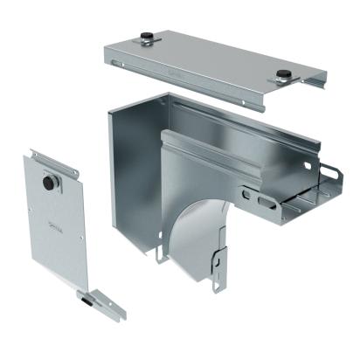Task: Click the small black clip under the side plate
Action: (x=87, y=299)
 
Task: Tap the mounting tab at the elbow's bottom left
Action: (x=160, y=254)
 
